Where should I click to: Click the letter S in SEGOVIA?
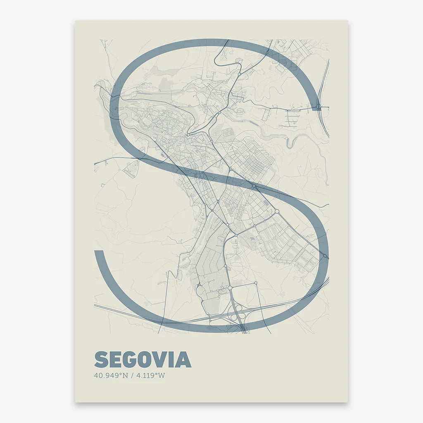pyautogui.click(x=102, y=360)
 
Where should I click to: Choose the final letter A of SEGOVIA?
pyautogui.click(x=185, y=360)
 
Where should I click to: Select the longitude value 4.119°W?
pyautogui.click(x=150, y=376)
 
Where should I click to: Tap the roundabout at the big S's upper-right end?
pyautogui.click(x=318, y=107)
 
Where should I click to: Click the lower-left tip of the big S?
pyautogui.click(x=98, y=253)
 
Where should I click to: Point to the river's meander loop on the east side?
pyautogui.click(x=292, y=143)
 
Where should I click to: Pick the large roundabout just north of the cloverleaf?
pyautogui.click(x=230, y=288)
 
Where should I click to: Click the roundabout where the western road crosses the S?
pyautogui.click(x=140, y=159)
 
